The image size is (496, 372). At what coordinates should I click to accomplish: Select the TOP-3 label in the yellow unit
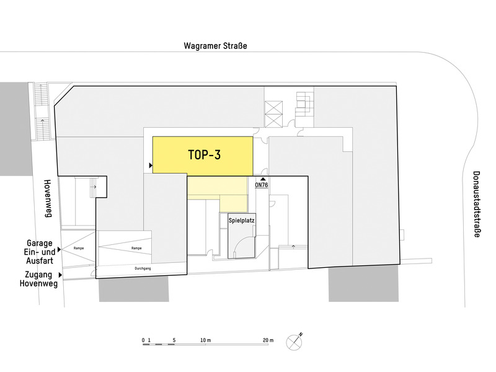point(204,155)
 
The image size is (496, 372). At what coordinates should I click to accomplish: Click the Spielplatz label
point(242,220)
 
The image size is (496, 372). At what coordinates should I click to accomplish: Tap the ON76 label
point(262,184)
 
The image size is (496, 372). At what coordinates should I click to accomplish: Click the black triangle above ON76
point(262,178)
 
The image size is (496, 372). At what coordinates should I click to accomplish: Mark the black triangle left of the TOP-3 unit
point(150,166)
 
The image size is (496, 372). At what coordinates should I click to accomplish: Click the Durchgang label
point(143,268)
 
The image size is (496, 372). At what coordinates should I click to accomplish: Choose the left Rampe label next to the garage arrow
point(79,248)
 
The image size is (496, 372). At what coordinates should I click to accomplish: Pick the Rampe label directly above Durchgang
point(136,248)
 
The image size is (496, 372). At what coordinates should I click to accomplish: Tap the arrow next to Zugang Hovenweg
point(61,273)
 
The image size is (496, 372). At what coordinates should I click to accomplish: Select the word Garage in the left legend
point(39,243)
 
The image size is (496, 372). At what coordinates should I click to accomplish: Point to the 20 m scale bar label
point(268,340)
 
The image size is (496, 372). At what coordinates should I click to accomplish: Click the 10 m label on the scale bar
point(206,340)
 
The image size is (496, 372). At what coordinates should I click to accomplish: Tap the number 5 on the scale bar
point(174,340)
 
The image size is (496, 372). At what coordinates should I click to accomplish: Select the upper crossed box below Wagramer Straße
point(273,107)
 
